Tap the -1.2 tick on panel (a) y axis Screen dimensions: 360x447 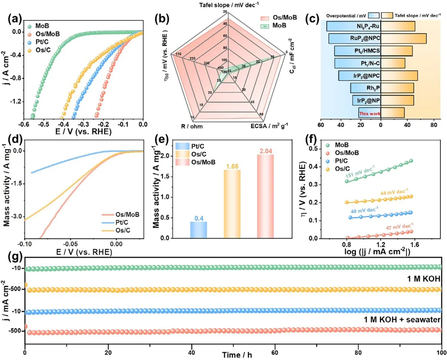15,101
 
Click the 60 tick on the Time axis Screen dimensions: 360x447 274,348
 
